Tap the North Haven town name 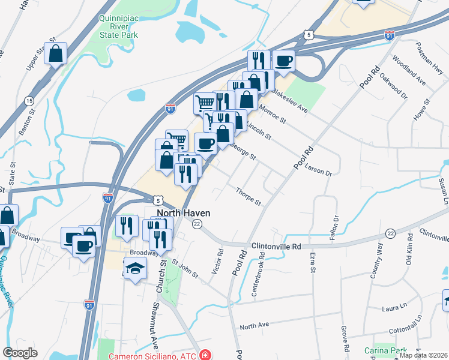tap(182, 213)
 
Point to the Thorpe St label tap(248, 196)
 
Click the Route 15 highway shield tap(29, 101)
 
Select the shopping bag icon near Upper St tap(55, 53)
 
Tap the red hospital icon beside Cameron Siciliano tap(205, 354)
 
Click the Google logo tap(20, 353)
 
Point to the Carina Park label tap(385, 350)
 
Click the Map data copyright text tap(424, 355)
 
